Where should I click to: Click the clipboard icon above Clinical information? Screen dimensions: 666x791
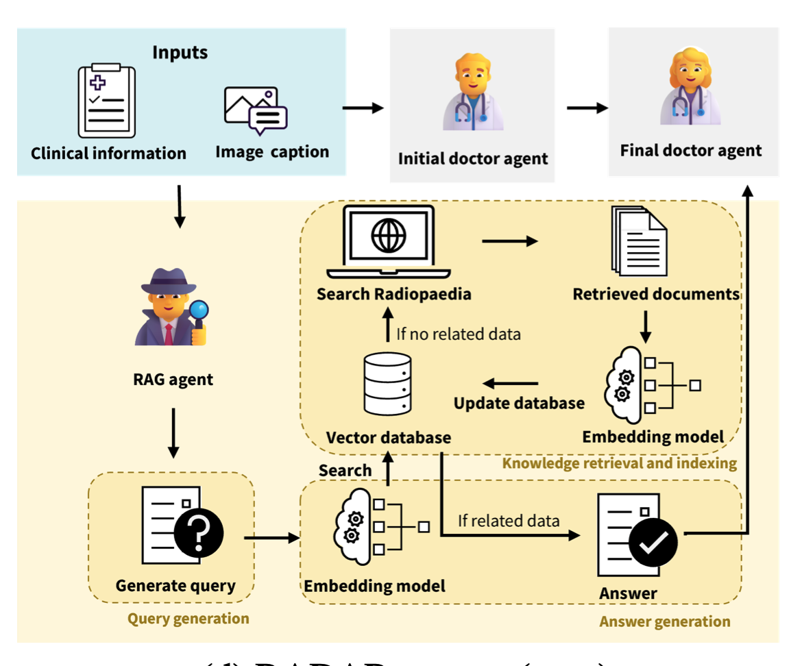[106, 101]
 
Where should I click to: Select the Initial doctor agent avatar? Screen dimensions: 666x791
[472, 93]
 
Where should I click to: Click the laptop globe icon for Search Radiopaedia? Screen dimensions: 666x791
[388, 241]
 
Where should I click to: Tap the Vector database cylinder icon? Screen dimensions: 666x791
[387, 384]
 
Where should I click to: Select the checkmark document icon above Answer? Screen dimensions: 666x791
[637, 535]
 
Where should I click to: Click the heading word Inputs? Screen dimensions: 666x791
[180, 52]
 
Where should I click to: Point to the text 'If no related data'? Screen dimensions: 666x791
[459, 334]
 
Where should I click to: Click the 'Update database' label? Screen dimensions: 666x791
[519, 403]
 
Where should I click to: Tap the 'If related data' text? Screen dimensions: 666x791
[509, 520]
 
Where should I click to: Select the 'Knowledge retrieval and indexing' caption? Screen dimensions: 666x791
[619, 463]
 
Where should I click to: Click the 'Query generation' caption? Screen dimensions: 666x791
[188, 619]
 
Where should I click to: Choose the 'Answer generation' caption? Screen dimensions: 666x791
[664, 621]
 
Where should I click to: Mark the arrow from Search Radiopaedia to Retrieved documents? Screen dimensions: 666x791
[509, 241]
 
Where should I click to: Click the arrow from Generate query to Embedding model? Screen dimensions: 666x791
[271, 538]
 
